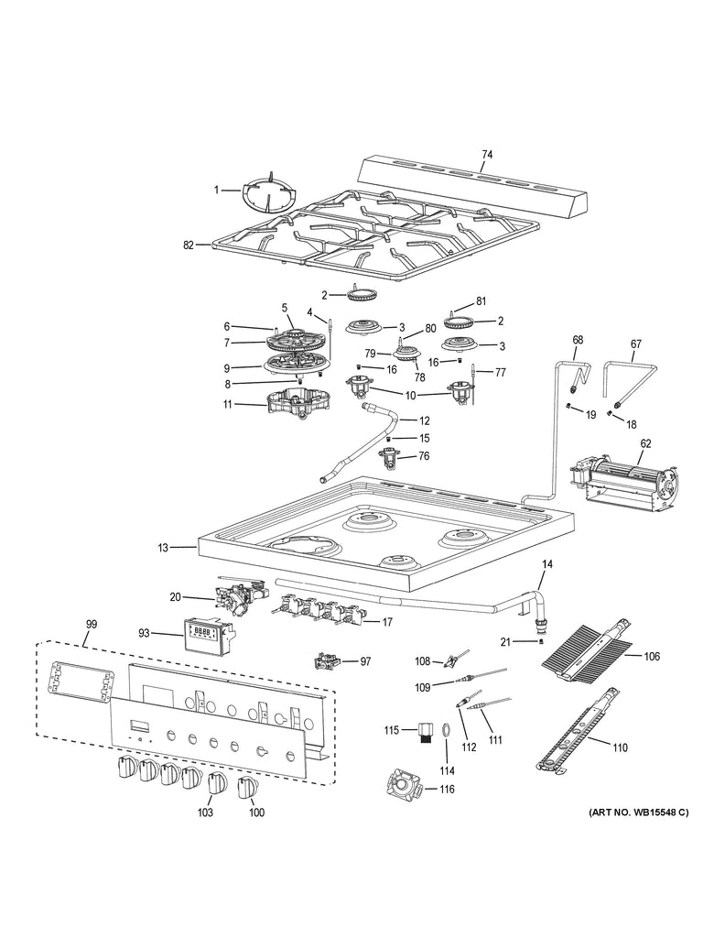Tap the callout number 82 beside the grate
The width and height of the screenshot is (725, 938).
[x=189, y=245]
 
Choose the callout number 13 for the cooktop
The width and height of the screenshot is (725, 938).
[x=162, y=548]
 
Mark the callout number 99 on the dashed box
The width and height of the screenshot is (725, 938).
[x=91, y=624]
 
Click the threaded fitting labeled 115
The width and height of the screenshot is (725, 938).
[x=423, y=733]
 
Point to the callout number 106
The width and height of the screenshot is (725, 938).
[x=652, y=657]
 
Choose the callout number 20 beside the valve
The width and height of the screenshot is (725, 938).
[x=176, y=597]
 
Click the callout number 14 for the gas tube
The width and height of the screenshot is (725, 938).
[x=547, y=565]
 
